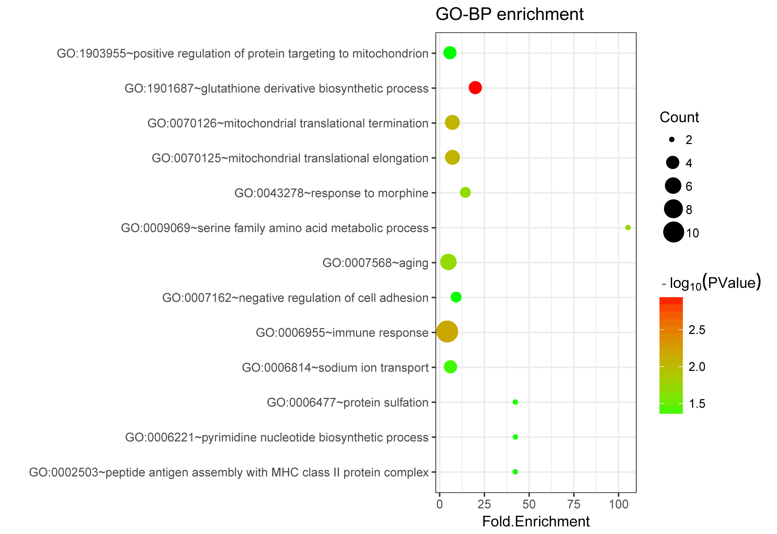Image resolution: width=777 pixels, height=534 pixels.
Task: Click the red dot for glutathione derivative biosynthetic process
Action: pos(475,88)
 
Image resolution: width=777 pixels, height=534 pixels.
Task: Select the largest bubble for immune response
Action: pos(447,332)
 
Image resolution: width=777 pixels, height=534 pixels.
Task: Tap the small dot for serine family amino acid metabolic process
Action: pos(628,228)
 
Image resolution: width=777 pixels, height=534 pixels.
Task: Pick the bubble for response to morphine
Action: pos(466,192)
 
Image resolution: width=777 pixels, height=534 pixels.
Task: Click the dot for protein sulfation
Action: pos(515,402)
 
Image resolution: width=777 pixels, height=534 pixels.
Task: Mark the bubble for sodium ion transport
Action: pos(450,367)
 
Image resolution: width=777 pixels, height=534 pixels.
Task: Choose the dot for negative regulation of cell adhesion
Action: pos(456,297)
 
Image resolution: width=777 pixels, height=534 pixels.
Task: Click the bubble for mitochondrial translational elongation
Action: pos(452,157)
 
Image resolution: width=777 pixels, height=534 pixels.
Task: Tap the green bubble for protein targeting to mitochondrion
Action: pos(450,52)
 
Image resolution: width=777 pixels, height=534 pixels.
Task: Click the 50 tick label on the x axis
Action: pos(529,504)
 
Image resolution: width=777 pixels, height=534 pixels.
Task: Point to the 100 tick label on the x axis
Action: pos(618,504)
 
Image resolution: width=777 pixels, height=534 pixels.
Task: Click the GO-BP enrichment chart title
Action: pos(509,14)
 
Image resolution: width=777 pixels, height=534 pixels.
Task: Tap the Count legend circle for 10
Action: pos(673,232)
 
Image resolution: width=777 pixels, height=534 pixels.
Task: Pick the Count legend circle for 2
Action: pos(671,139)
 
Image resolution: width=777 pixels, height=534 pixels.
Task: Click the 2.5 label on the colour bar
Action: pos(697,330)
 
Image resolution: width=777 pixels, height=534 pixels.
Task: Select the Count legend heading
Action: pos(679,117)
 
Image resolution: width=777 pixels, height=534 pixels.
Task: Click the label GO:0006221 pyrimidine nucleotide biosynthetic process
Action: pos(277,437)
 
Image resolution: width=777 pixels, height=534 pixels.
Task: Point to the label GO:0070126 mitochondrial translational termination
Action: pos(288,123)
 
